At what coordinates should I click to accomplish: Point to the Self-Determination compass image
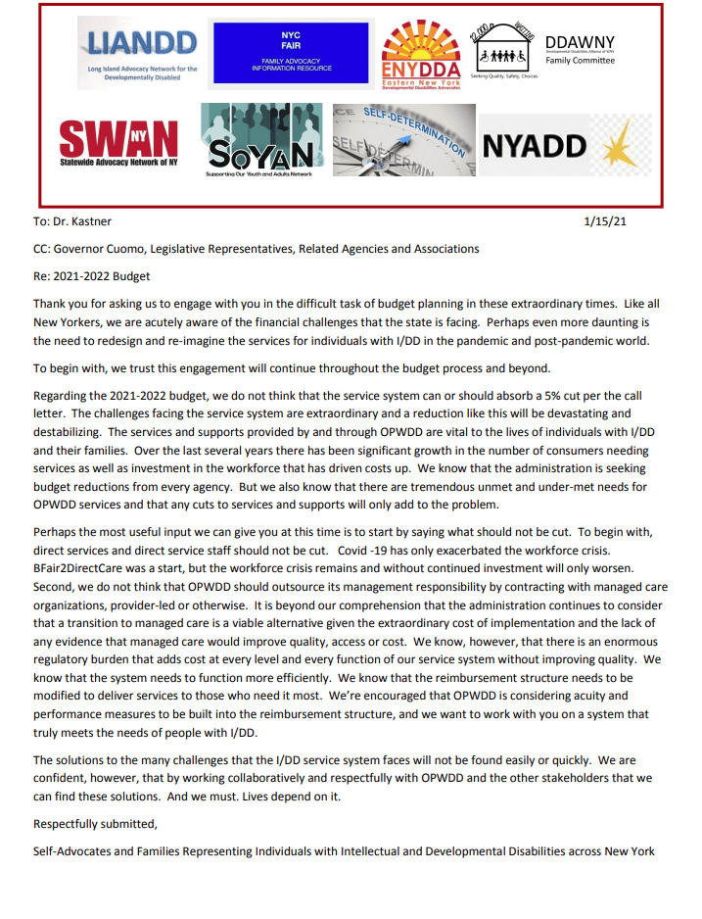tap(402, 143)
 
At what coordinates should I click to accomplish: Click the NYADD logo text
tap(535, 146)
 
